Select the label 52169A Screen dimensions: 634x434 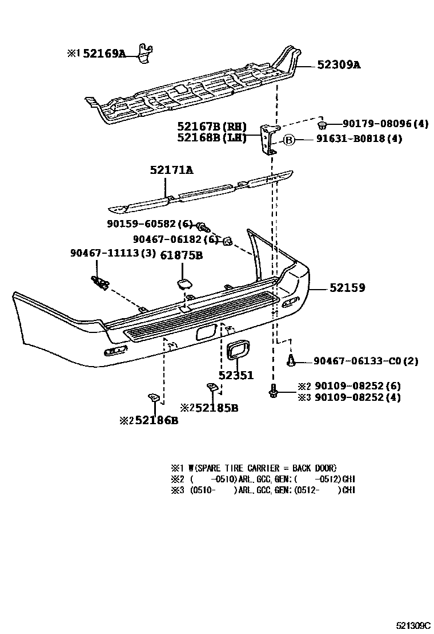pyautogui.click(x=103, y=54)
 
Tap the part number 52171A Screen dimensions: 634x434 pyautogui.click(x=171, y=170)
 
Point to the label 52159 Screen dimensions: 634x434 pyautogui.click(x=347, y=288)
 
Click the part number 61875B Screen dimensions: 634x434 pyautogui.click(x=181, y=256)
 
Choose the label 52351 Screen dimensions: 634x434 pyautogui.click(x=236, y=376)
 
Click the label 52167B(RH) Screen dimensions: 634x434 pyautogui.click(x=211, y=126)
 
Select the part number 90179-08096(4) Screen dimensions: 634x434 pyautogui.click(x=385, y=124)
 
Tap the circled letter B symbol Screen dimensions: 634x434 pyautogui.click(x=289, y=139)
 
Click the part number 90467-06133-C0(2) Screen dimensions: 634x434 pyautogui.click(x=365, y=361)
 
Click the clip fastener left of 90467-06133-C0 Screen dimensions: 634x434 pyautogui.click(x=291, y=359)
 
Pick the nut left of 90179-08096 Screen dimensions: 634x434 pyautogui.click(x=322, y=124)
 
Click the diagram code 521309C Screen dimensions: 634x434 pyautogui.click(x=413, y=625)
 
